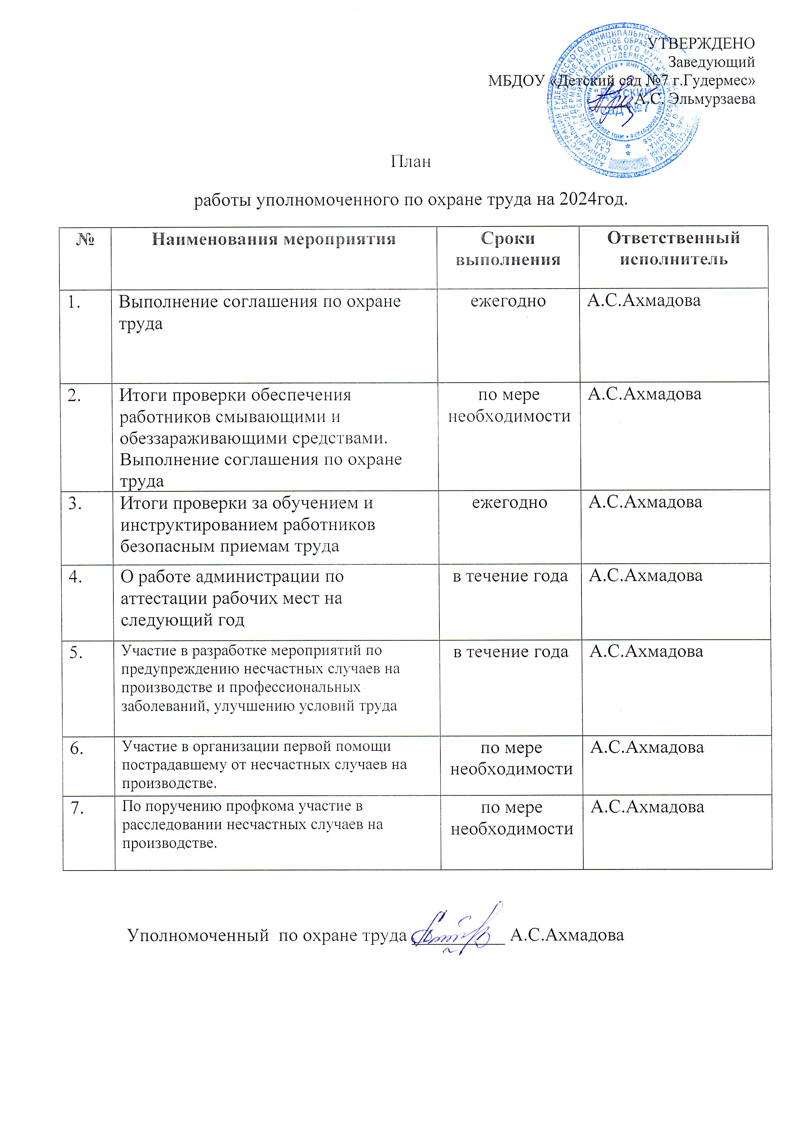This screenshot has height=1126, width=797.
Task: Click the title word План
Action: pos(411,161)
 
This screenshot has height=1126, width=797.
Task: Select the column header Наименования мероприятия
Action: pos(273,239)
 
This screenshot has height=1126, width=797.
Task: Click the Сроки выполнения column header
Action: pos(508,249)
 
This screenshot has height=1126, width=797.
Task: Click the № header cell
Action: pos(85,239)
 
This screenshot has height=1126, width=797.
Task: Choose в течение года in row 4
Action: pos(510,576)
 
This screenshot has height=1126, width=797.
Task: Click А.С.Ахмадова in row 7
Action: pos(647,807)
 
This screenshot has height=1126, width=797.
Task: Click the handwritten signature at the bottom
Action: pos(454,929)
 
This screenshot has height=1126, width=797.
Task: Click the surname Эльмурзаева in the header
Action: pos(713,99)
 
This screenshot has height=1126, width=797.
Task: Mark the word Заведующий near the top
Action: pos(712,62)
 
